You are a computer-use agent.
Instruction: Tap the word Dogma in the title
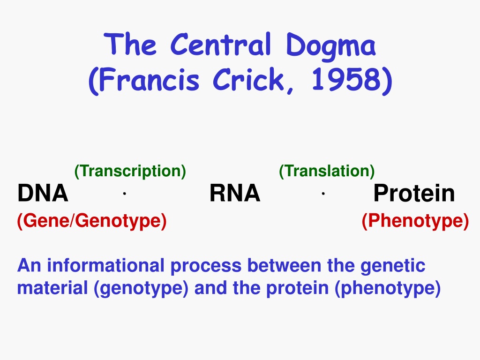point(330,46)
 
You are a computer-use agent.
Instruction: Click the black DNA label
point(43,193)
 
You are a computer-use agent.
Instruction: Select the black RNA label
point(235,193)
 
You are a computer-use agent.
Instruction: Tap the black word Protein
point(414,193)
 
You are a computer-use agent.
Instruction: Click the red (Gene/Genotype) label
point(92,221)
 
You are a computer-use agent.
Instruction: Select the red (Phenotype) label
point(415,221)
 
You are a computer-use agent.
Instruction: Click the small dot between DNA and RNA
point(124,193)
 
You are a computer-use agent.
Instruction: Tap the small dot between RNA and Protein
point(323,193)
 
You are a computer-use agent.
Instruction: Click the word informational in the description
point(105,265)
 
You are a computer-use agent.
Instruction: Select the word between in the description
point(284,265)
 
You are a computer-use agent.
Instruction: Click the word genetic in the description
point(393,266)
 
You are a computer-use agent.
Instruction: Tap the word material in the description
point(52,288)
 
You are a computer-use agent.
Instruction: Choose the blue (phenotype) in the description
point(388,289)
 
